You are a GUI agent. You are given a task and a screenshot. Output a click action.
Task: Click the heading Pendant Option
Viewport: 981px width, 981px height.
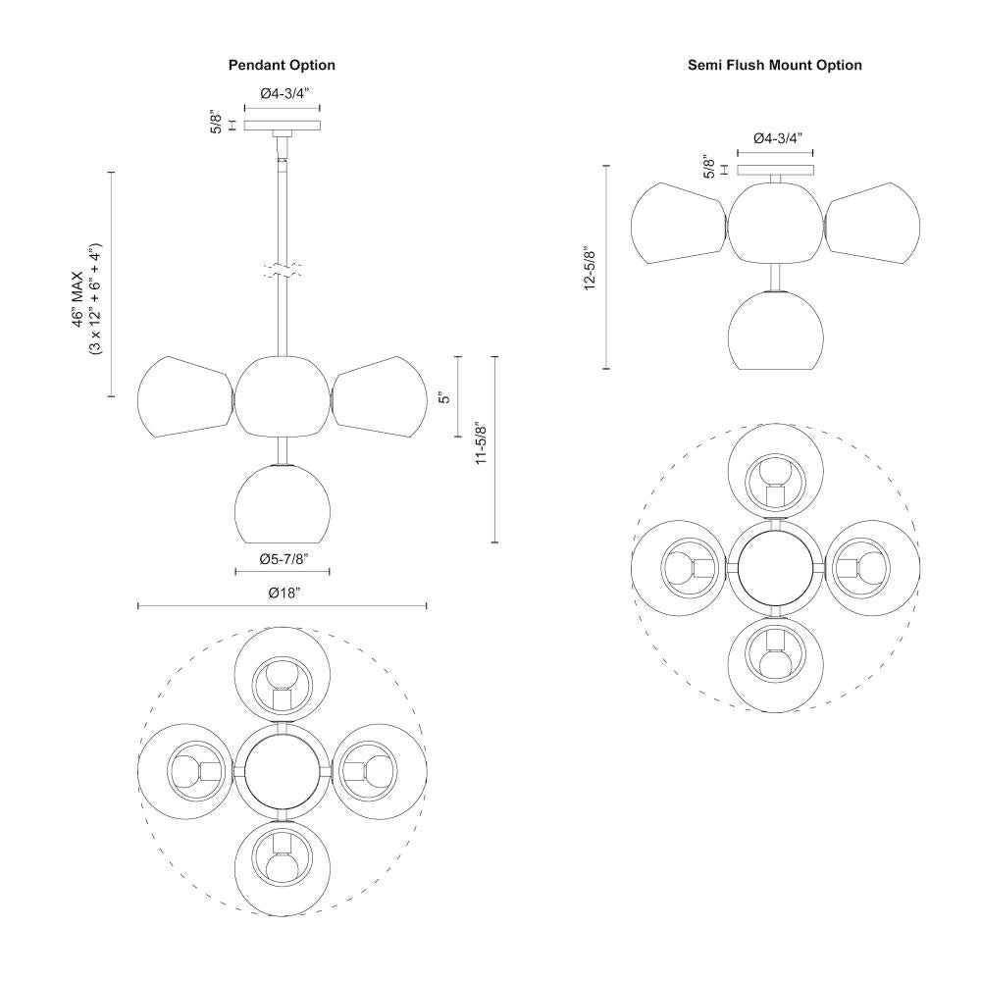click(x=282, y=66)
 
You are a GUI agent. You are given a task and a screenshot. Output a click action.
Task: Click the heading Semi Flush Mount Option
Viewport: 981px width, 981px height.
click(x=775, y=66)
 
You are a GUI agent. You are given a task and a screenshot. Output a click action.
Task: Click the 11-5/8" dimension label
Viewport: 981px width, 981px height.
click(x=481, y=444)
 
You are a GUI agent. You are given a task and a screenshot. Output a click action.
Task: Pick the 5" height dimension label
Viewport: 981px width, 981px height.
click(x=444, y=397)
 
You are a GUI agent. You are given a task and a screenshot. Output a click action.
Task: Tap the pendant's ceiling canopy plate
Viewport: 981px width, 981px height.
click(x=283, y=126)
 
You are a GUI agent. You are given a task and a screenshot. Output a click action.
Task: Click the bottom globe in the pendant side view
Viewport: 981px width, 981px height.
click(x=283, y=505)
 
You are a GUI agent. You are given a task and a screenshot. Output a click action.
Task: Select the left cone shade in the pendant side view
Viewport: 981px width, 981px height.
click(x=183, y=397)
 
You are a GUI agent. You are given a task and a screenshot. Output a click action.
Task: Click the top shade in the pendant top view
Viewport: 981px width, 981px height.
click(x=282, y=677)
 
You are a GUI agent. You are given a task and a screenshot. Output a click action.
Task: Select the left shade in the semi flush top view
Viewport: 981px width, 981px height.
click(x=681, y=567)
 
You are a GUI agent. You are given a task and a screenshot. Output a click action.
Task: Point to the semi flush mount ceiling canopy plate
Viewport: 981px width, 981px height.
click(x=775, y=170)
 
